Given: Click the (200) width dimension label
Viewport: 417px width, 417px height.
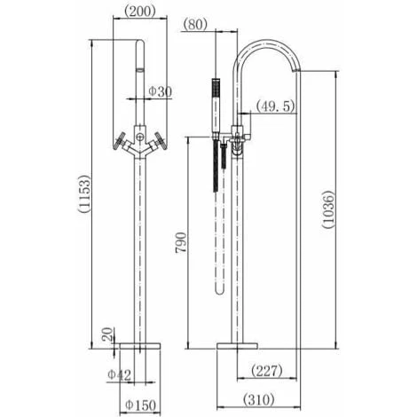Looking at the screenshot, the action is coord(139,12).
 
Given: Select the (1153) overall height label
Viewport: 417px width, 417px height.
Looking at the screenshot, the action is coord(83,193).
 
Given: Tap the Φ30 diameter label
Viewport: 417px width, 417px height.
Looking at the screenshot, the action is coord(160,91).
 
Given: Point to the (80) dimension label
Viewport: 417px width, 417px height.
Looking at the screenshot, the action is coord(195,24).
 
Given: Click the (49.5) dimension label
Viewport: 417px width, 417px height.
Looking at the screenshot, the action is coord(276,106).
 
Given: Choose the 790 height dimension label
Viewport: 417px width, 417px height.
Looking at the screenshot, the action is coord(181,242).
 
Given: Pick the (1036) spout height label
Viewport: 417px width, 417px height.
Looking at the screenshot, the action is coord(328,209).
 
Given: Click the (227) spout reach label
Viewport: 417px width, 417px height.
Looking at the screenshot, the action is coord(267,371).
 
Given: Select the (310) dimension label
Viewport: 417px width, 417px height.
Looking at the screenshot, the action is coord(259,399).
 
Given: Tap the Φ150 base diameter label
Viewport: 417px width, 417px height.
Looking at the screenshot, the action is coord(140,405).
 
